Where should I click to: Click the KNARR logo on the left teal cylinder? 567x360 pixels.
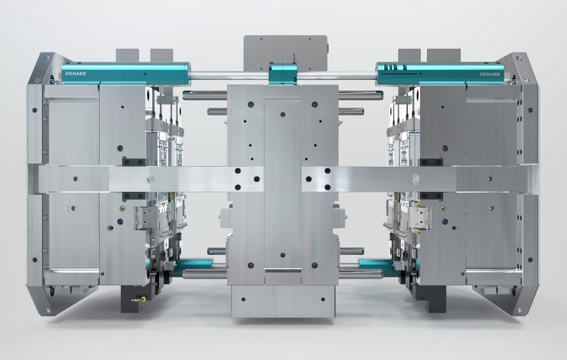pyautogui.click(x=75, y=74)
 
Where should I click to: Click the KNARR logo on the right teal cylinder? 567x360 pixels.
pyautogui.click(x=490, y=74)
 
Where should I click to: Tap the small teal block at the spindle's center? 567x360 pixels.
pyautogui.click(x=282, y=73)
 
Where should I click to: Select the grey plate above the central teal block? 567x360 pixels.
pyautogui.click(x=285, y=53)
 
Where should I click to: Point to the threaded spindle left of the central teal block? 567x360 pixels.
pyautogui.click(x=229, y=76)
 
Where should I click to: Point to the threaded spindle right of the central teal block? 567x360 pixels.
pyautogui.click(x=336, y=76)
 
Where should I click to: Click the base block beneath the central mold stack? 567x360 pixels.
pyautogui.click(x=283, y=301)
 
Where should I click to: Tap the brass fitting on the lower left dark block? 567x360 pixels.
pyautogui.click(x=139, y=299)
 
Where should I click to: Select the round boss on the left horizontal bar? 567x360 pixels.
pyautogui.click(x=151, y=178)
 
